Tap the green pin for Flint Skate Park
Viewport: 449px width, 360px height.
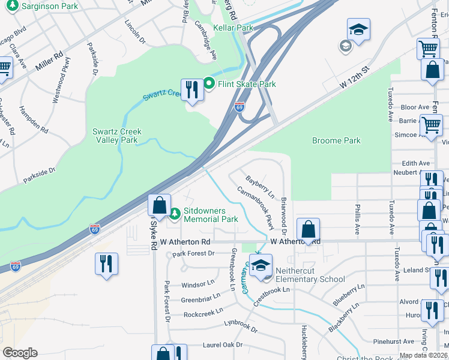(x=209, y=83)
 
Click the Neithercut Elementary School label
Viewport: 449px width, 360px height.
(x=310, y=275)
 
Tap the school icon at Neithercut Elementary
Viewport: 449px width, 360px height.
(x=261, y=265)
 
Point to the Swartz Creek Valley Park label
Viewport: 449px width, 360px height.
(x=116, y=136)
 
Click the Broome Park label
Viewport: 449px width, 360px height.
(x=336, y=140)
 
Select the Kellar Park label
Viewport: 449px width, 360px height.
(x=236, y=28)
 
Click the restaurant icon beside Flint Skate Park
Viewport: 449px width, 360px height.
(x=191, y=90)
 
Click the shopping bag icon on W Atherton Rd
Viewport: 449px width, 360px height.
(x=308, y=229)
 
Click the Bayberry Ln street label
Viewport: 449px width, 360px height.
(x=260, y=187)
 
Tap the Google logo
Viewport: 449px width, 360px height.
(x=20, y=353)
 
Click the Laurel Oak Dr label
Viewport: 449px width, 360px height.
(x=222, y=345)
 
